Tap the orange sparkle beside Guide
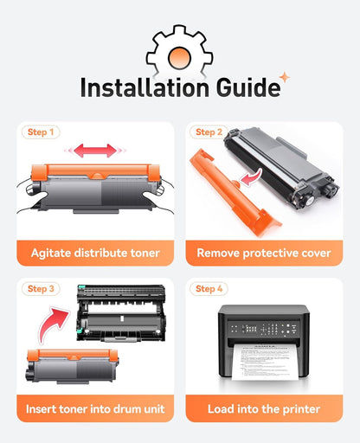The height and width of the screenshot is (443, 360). [x=285, y=77]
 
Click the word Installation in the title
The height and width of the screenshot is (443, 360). [x=145, y=87]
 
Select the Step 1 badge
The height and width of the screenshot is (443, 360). [x=41, y=132]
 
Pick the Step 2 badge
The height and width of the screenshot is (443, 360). [x=209, y=132]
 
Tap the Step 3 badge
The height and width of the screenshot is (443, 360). [x=41, y=289]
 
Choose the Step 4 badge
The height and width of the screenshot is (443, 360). [x=209, y=289]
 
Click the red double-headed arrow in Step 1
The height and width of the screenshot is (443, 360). [x=95, y=151]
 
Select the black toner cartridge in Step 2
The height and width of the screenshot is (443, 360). [x=281, y=167]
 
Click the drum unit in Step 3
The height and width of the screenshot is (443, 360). [x=121, y=313]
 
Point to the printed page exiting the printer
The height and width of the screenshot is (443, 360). [x=265, y=362]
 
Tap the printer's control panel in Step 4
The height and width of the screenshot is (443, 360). [x=264, y=329]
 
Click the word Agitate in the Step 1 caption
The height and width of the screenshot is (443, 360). [x=51, y=254]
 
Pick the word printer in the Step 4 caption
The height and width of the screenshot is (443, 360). [x=301, y=409]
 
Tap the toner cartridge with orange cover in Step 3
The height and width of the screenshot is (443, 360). [x=72, y=366]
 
